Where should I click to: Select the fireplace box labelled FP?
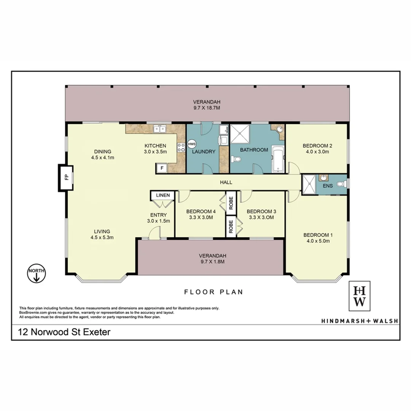tap(65, 178)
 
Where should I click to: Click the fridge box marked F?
tap(162, 168)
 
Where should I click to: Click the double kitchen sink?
tap(160, 129)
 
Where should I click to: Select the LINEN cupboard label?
tap(163, 195)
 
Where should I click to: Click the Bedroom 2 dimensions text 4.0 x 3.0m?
tap(317, 151)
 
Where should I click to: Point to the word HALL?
tap(226, 182)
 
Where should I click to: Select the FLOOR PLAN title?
tap(213, 292)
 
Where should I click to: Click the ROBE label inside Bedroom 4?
tap(231, 202)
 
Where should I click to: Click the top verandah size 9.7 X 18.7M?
tap(207, 108)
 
